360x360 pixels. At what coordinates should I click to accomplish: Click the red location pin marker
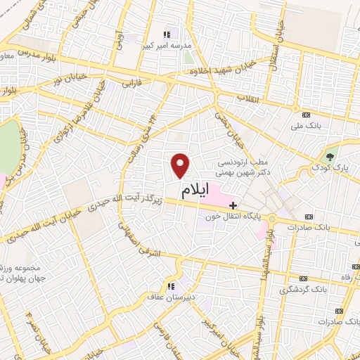point(181,165)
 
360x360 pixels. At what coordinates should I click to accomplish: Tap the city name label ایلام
point(195,191)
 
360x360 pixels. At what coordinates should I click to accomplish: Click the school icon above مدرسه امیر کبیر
point(167,34)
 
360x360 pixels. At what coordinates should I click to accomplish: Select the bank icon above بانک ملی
point(306,115)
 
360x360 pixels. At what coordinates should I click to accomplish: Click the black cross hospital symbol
point(233,205)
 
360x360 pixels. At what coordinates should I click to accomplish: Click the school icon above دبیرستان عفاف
point(170,286)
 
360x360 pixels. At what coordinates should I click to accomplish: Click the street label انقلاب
point(249,98)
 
